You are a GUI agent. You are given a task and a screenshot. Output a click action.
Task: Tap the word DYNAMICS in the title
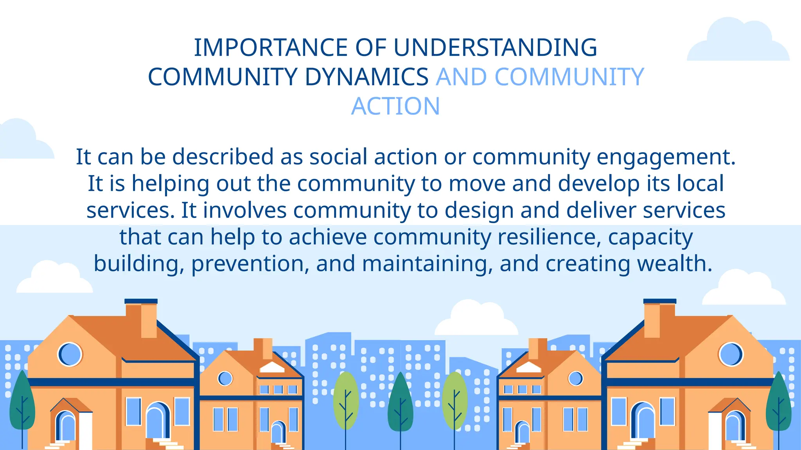tap(366, 77)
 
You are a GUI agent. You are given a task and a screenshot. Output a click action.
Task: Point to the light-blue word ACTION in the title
tap(395, 106)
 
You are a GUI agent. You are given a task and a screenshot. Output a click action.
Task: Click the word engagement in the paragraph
tap(666, 157)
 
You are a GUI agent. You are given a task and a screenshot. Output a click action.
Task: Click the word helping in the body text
tap(170, 184)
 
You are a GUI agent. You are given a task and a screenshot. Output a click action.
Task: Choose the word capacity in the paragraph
tap(650, 238)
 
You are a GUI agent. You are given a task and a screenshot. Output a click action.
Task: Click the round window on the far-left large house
tap(70, 354)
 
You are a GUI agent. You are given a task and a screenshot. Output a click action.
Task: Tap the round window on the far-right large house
tap(730, 354)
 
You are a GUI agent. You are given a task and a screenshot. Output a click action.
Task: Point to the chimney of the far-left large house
tap(141, 318)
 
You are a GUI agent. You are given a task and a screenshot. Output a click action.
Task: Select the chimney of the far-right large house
tap(659, 318)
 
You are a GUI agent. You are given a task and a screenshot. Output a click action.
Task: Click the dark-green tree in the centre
tap(400, 402)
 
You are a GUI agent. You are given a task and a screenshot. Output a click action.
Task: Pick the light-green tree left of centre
tap(346, 400)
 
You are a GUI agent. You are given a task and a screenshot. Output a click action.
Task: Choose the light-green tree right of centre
tap(454, 400)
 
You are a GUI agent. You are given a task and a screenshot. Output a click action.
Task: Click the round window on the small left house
tap(225, 378)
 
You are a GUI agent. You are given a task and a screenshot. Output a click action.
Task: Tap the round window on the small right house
tap(575, 378)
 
